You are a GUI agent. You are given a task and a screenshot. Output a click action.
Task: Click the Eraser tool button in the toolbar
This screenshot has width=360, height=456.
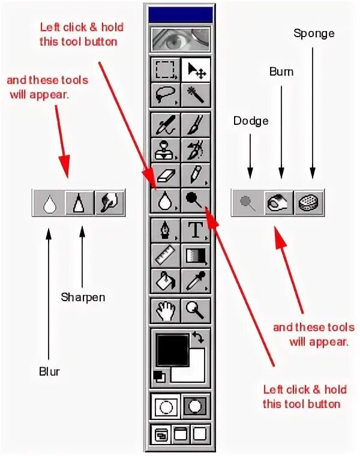164,175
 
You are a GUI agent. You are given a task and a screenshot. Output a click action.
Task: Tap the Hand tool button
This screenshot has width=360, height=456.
164,310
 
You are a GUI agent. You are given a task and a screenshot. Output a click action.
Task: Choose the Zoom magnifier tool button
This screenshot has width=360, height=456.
196,310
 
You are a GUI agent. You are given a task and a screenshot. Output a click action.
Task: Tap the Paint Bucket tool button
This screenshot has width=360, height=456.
164,278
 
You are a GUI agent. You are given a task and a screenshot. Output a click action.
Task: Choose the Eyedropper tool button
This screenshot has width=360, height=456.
196,278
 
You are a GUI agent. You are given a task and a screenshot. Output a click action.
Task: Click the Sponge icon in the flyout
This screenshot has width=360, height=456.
310,203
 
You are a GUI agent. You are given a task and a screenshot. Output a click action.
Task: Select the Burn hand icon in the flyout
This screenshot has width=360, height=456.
278,203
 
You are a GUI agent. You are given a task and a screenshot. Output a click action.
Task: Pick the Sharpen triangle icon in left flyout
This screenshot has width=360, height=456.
80,203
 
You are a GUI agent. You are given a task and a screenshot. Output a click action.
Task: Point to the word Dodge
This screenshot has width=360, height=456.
251,121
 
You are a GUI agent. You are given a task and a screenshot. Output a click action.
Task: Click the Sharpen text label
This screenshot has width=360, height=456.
83,297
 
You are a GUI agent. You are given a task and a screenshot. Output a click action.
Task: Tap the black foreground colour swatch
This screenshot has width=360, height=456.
173,350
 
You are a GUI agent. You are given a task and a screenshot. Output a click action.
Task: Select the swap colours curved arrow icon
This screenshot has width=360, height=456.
198,338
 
